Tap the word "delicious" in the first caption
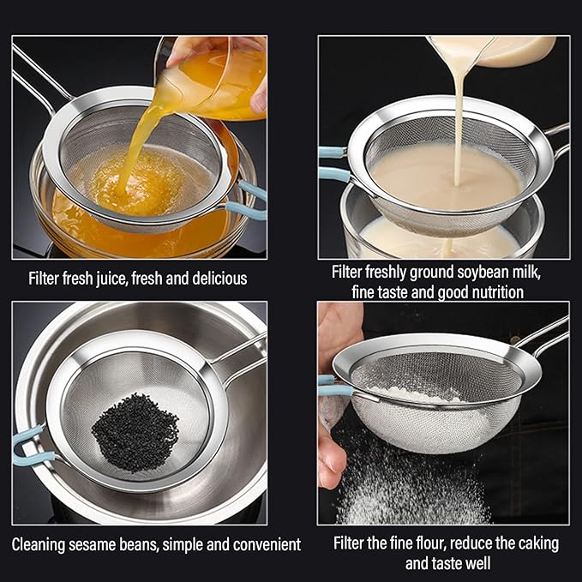coord(216,279)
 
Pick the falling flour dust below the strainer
coord(403,489)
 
